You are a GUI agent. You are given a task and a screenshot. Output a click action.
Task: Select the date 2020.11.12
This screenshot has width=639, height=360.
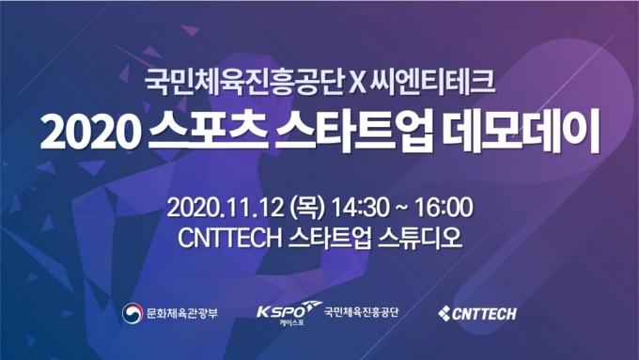[226, 206]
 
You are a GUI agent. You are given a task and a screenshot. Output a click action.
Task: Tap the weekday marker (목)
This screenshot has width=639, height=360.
[308, 206]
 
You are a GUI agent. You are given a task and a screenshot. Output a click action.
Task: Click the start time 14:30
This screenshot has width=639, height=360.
[359, 206]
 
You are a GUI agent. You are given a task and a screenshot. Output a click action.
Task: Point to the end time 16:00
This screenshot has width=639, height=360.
[442, 206]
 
